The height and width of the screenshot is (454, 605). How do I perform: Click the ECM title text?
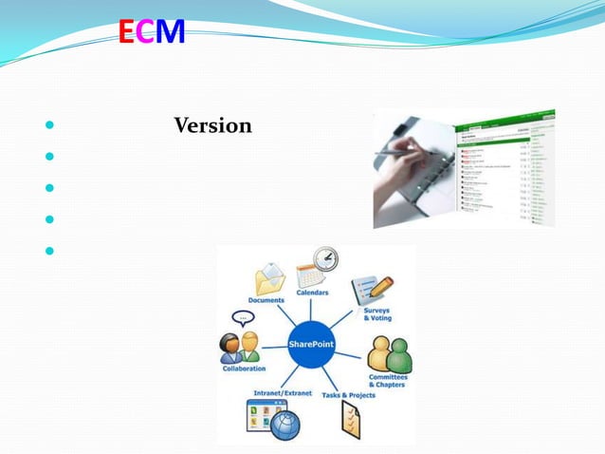tap(152, 34)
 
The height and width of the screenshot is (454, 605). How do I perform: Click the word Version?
tap(213, 125)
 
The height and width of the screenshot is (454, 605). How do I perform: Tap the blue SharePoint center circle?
tap(311, 344)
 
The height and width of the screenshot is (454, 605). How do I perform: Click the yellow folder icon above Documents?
tap(269, 279)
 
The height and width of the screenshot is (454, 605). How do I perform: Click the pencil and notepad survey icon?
tap(372, 289)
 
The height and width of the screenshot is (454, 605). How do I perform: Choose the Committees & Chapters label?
tap(387, 381)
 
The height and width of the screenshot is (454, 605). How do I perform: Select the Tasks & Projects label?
tap(348, 395)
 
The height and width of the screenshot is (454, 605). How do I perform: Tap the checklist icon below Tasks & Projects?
tap(350, 420)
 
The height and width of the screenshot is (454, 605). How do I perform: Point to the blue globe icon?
tap(284, 425)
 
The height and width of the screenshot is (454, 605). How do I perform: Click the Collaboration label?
tap(244, 369)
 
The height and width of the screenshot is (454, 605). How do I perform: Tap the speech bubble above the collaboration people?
tap(243, 317)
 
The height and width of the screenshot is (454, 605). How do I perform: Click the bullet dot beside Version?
tap(47, 126)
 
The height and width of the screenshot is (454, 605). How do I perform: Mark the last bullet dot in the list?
tap(47, 252)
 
